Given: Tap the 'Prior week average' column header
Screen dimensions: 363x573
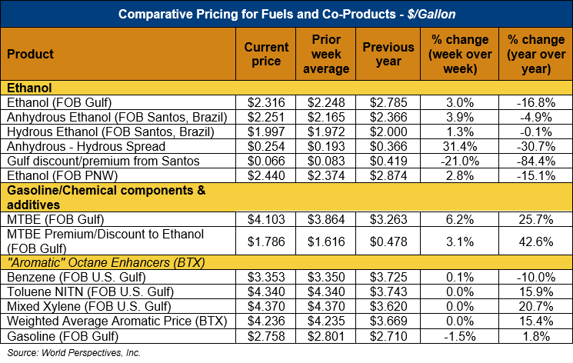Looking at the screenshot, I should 328,55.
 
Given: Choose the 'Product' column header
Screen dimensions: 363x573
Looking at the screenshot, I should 30,55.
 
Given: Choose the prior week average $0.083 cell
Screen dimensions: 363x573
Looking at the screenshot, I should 328,162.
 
